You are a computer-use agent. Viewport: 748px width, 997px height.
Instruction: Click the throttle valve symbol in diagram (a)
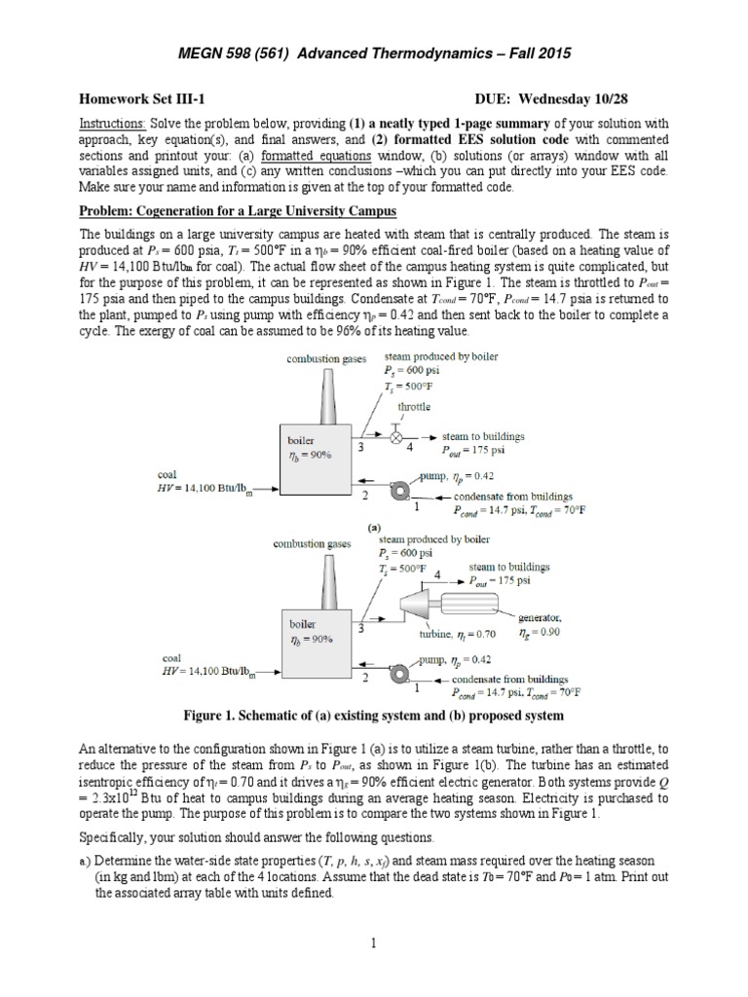click(397, 438)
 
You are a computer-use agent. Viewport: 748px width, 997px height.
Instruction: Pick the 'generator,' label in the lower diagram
click(539, 617)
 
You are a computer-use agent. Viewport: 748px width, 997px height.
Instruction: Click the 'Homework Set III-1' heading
click(142, 97)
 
